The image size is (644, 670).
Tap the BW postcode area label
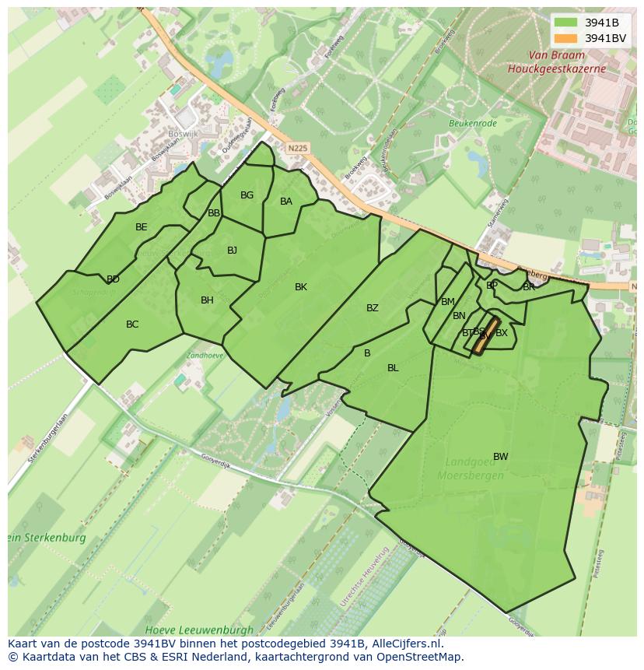click(x=500, y=457)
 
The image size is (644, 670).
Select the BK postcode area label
click(x=301, y=287)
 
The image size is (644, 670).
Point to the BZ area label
click(x=373, y=308)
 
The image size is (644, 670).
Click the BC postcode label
click(x=132, y=324)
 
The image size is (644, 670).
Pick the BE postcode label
click(x=141, y=227)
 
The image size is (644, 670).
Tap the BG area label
click(x=247, y=195)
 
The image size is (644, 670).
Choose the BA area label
click(x=286, y=202)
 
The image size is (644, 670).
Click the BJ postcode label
click(x=232, y=251)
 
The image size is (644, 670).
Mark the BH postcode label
click(x=207, y=300)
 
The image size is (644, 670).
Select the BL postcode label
click(x=393, y=368)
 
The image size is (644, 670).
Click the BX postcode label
click(x=502, y=333)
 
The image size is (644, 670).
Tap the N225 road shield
click(x=296, y=146)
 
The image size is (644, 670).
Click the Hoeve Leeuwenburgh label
click(x=199, y=629)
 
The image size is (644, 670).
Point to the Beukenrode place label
click(x=471, y=123)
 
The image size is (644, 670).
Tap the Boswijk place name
click(x=184, y=133)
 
